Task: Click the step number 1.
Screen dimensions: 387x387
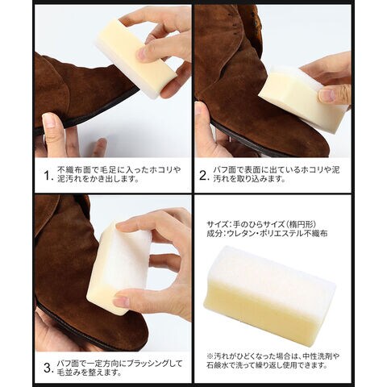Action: click(48, 176)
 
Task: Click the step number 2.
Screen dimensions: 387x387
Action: click(204, 176)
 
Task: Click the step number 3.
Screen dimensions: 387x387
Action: click(48, 368)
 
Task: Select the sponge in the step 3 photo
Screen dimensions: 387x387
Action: click(119, 268)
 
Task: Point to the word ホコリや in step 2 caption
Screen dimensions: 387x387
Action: click(316, 170)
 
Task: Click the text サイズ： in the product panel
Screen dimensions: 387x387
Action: click(219, 224)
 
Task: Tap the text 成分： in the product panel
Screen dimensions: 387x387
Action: click(216, 234)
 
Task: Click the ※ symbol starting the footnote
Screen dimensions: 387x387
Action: click(210, 356)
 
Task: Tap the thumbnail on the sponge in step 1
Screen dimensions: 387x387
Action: click(141, 53)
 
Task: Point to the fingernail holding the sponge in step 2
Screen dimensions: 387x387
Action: click(327, 95)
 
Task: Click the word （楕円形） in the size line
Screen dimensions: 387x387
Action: click(300, 224)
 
